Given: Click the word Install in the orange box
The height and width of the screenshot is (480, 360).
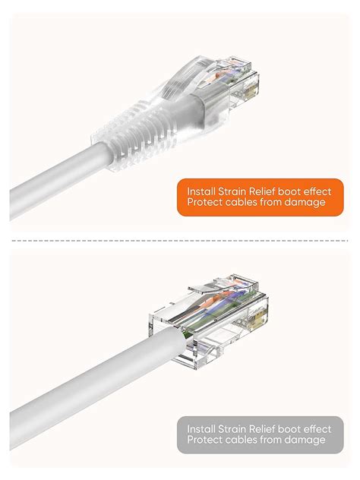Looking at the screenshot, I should [x=199, y=189].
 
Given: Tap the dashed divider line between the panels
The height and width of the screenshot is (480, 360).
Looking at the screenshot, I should [x=180, y=240].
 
